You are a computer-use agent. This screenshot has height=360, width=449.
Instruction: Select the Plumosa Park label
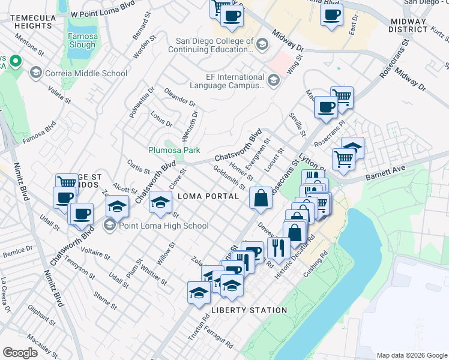[x=174, y=150]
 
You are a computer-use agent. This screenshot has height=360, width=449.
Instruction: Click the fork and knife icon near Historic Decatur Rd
[x=279, y=247]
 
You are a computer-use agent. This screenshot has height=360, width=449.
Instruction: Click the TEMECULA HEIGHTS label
[x=34, y=22]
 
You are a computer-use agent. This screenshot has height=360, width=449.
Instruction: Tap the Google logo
[x=20, y=352]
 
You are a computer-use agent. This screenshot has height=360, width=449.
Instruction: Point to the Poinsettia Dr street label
[x=134, y=102]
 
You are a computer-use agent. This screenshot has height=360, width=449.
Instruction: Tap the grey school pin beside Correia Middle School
[x=35, y=73]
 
